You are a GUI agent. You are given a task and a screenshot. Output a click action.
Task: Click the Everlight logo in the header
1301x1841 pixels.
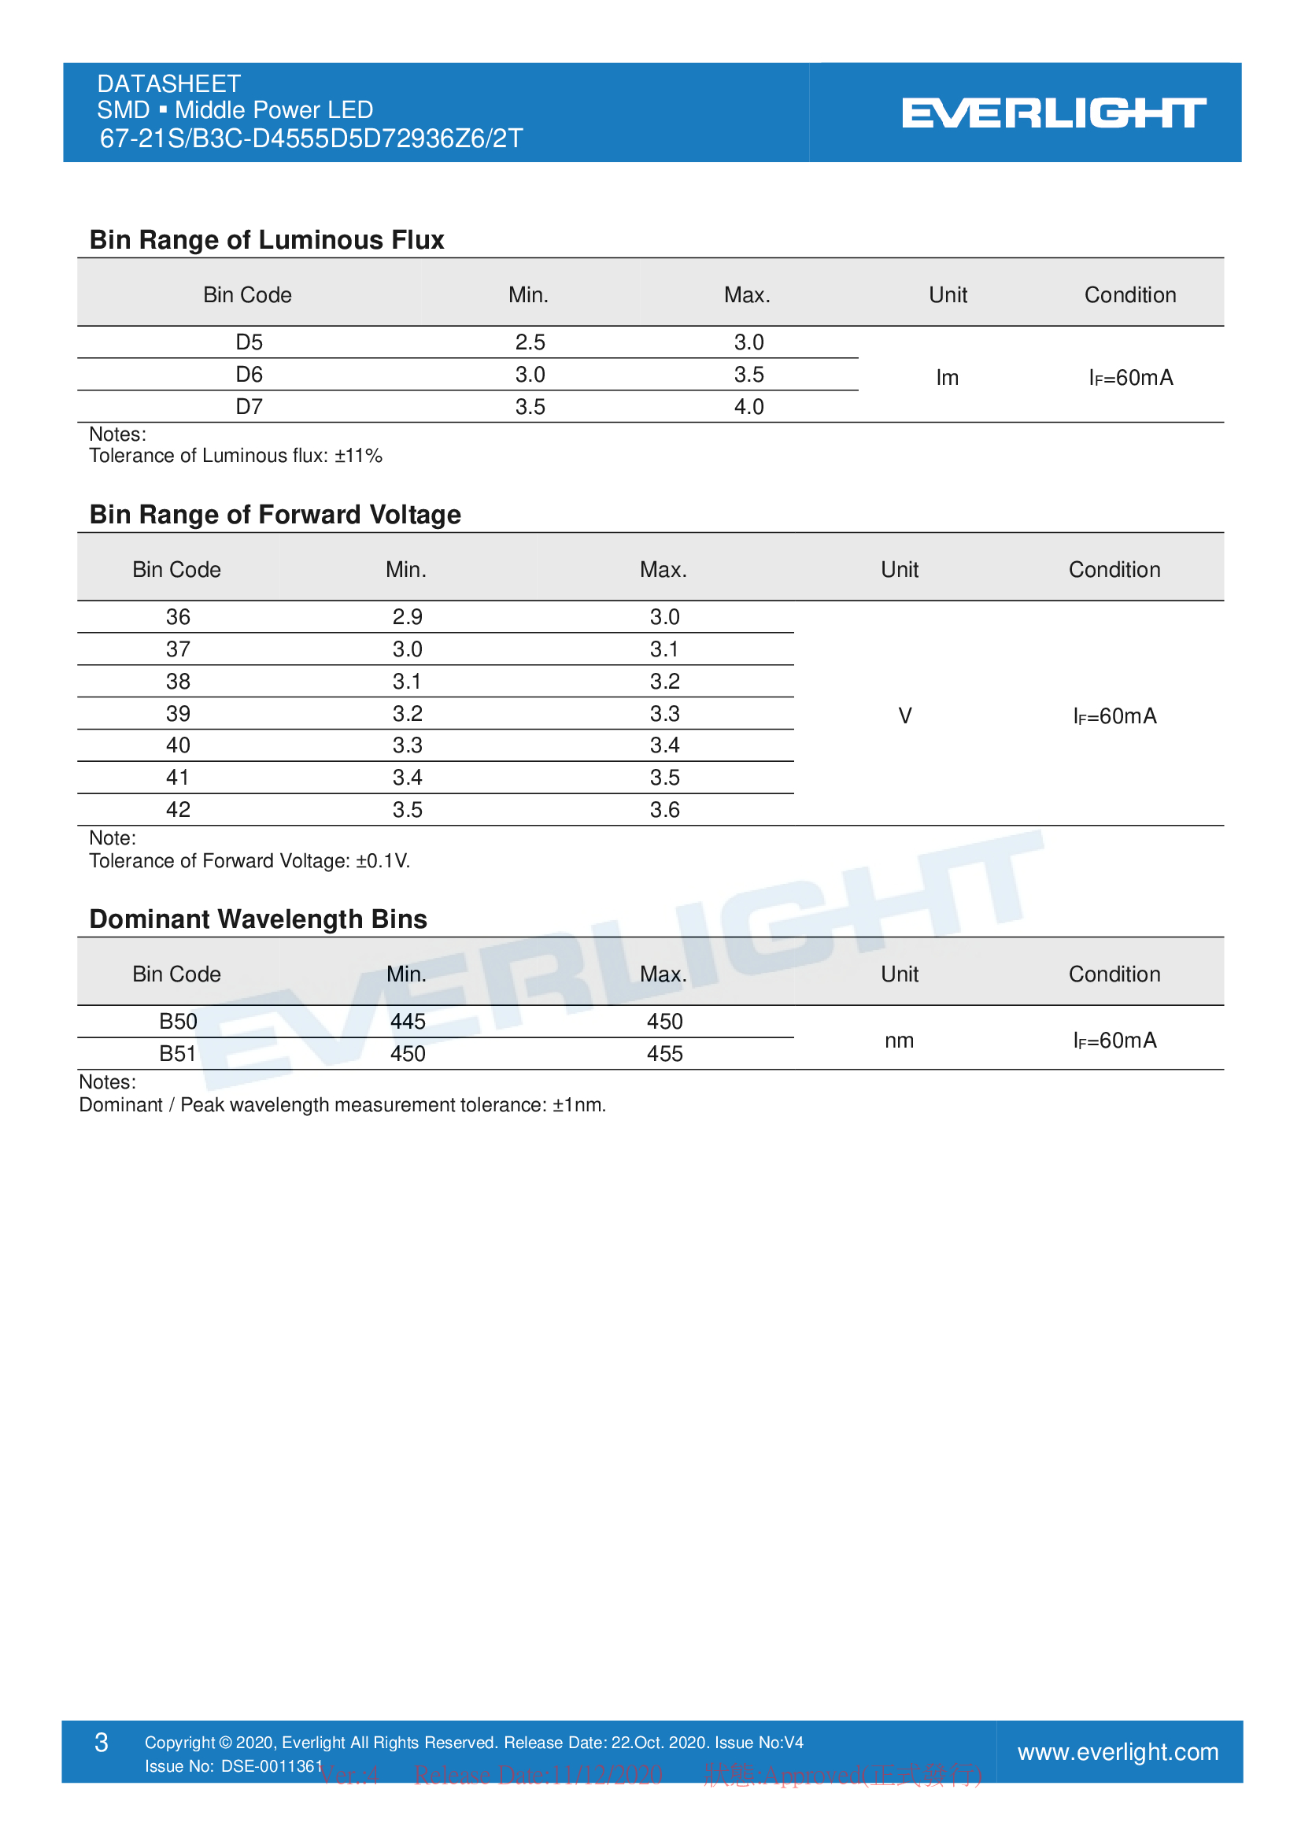[1053, 113]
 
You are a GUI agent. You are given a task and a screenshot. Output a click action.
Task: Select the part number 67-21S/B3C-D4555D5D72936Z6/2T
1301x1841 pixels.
[311, 139]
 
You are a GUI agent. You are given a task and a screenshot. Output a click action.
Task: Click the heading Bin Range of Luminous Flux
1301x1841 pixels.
[266, 240]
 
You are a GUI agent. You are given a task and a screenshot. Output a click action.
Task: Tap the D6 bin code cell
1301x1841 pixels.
[249, 375]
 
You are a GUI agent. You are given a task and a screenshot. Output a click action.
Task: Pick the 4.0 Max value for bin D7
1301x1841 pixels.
[748, 406]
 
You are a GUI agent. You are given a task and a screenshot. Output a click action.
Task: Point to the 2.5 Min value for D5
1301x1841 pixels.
[530, 342]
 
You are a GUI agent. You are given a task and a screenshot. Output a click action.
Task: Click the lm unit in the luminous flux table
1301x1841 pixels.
[947, 378]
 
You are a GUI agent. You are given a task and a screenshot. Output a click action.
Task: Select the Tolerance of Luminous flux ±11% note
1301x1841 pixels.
[235, 456]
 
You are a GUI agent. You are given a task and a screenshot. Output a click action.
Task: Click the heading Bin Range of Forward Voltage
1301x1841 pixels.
[275, 515]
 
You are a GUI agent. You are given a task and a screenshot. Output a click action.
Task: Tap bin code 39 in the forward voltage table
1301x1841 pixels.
[178, 714]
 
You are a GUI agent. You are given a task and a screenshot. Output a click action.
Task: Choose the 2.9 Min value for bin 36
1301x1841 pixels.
[407, 616]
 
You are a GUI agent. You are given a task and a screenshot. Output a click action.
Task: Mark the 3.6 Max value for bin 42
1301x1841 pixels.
[664, 810]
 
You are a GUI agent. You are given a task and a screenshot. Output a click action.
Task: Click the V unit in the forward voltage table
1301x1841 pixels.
[905, 716]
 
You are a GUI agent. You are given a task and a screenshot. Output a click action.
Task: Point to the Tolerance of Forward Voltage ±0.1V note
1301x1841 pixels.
[249, 860]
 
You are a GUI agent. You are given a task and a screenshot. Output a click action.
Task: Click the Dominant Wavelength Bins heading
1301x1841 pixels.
[258, 919]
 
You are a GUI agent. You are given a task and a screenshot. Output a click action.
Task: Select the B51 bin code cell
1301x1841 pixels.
[178, 1054]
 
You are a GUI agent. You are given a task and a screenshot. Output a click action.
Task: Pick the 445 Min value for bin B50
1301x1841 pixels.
[407, 1022]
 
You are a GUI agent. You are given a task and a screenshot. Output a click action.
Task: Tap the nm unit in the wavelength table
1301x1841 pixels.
[900, 1041]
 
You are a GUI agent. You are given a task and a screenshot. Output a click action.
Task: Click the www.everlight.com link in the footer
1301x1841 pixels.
[1118, 1752]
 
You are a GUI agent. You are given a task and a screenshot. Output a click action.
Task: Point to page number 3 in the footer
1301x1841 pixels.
[101, 1743]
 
